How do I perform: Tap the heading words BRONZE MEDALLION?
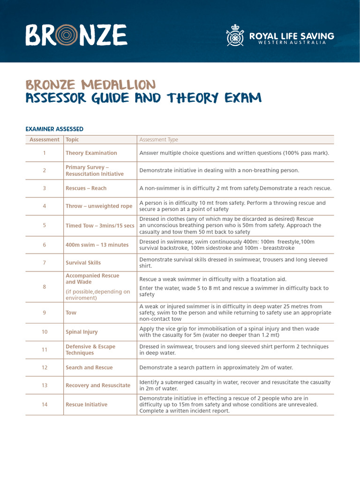[90, 85]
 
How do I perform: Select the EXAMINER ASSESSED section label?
[54, 128]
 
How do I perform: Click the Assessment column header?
[45, 140]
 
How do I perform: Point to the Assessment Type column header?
[158, 140]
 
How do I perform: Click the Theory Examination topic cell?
[91, 153]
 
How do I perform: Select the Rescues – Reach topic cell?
[86, 188]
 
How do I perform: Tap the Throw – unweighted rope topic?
[99, 206]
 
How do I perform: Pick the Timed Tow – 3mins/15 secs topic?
[100, 225]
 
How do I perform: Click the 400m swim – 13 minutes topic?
[97, 245]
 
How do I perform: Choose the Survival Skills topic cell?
[83, 262]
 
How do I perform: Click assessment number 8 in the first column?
[45, 286]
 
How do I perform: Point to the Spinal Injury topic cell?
[82, 332]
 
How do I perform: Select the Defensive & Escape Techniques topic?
[90, 350]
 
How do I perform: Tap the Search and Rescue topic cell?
[89, 367]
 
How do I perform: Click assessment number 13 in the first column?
[45, 385]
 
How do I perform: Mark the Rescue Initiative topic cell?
[86, 405]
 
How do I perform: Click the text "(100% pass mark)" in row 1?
[304, 153]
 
